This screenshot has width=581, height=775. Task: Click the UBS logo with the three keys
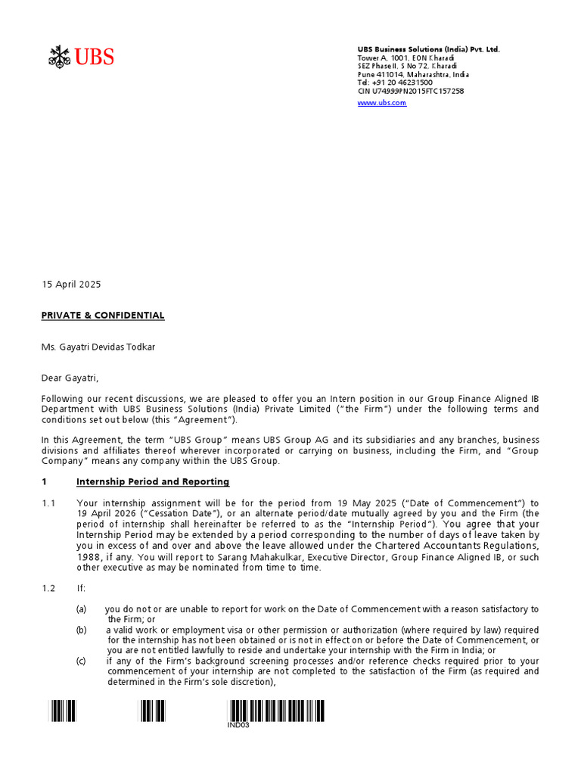[x=81, y=57]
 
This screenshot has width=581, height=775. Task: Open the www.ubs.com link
[x=381, y=103]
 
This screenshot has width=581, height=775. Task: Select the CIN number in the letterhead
[x=411, y=91]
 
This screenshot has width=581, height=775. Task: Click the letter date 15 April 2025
[x=70, y=285]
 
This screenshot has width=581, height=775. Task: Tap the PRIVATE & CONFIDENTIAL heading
[x=102, y=315]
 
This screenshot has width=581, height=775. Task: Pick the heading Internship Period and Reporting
[x=153, y=481]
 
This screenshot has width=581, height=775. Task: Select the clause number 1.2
[x=49, y=588]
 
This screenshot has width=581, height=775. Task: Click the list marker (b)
[x=81, y=630]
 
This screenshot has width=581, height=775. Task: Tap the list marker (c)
[x=81, y=661]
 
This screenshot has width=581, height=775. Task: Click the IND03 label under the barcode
[x=238, y=725]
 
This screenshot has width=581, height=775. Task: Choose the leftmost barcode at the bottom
[x=63, y=711]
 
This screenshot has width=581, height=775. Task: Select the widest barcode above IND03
[x=276, y=711]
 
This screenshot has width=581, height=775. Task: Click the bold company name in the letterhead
[x=428, y=49]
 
